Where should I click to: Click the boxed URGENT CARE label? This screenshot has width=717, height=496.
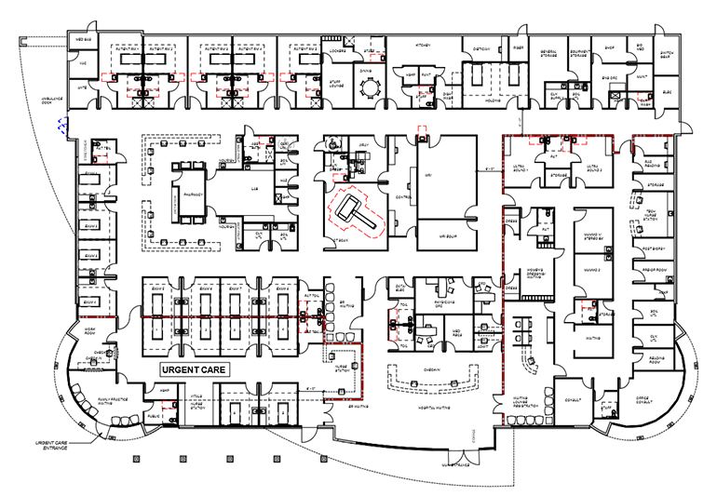[x=195, y=369]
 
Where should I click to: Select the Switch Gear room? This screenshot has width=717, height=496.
[x=667, y=55]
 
